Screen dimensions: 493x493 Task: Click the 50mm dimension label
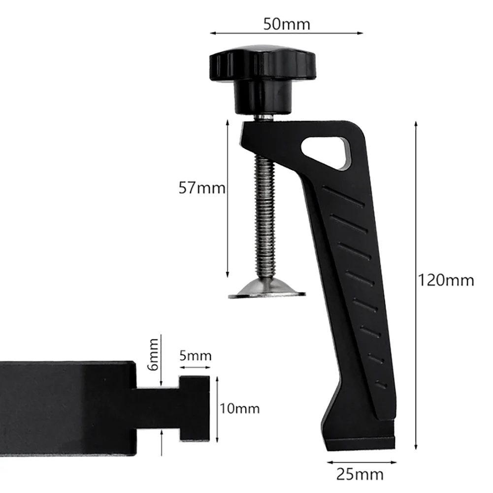pos(287,24)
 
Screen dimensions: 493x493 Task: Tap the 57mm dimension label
pos(201,189)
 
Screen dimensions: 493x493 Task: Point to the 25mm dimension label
pos(360,474)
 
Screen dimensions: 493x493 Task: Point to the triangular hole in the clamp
pos(326,150)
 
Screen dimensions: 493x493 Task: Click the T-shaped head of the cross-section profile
pos(195,408)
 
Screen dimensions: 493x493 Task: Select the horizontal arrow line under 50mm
pos(286,33)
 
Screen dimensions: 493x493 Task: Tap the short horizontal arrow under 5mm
pos(195,367)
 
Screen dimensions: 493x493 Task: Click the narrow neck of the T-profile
pos(157,407)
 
